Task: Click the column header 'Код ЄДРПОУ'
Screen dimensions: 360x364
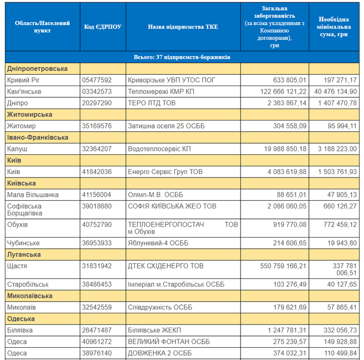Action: (103, 27)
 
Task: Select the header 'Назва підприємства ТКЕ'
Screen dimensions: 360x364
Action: (183, 27)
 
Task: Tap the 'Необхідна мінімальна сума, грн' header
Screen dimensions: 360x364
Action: (334, 27)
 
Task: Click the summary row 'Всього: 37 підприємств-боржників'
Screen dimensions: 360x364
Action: (182, 57)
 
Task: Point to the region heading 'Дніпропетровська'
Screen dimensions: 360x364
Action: (37, 69)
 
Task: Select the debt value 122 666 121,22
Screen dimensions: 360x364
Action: (279, 91)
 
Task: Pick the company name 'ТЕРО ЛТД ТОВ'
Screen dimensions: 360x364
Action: (152, 103)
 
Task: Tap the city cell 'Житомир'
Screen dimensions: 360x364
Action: (21, 126)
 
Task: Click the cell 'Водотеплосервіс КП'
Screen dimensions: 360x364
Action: (159, 149)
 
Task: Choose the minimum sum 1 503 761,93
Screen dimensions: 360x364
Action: (334, 172)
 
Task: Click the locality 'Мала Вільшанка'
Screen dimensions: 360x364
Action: (33, 195)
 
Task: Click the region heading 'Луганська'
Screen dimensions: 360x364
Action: (24, 255)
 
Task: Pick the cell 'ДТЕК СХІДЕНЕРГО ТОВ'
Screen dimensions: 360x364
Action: (165, 266)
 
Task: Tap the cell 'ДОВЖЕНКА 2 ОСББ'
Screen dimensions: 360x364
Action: (160, 353)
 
